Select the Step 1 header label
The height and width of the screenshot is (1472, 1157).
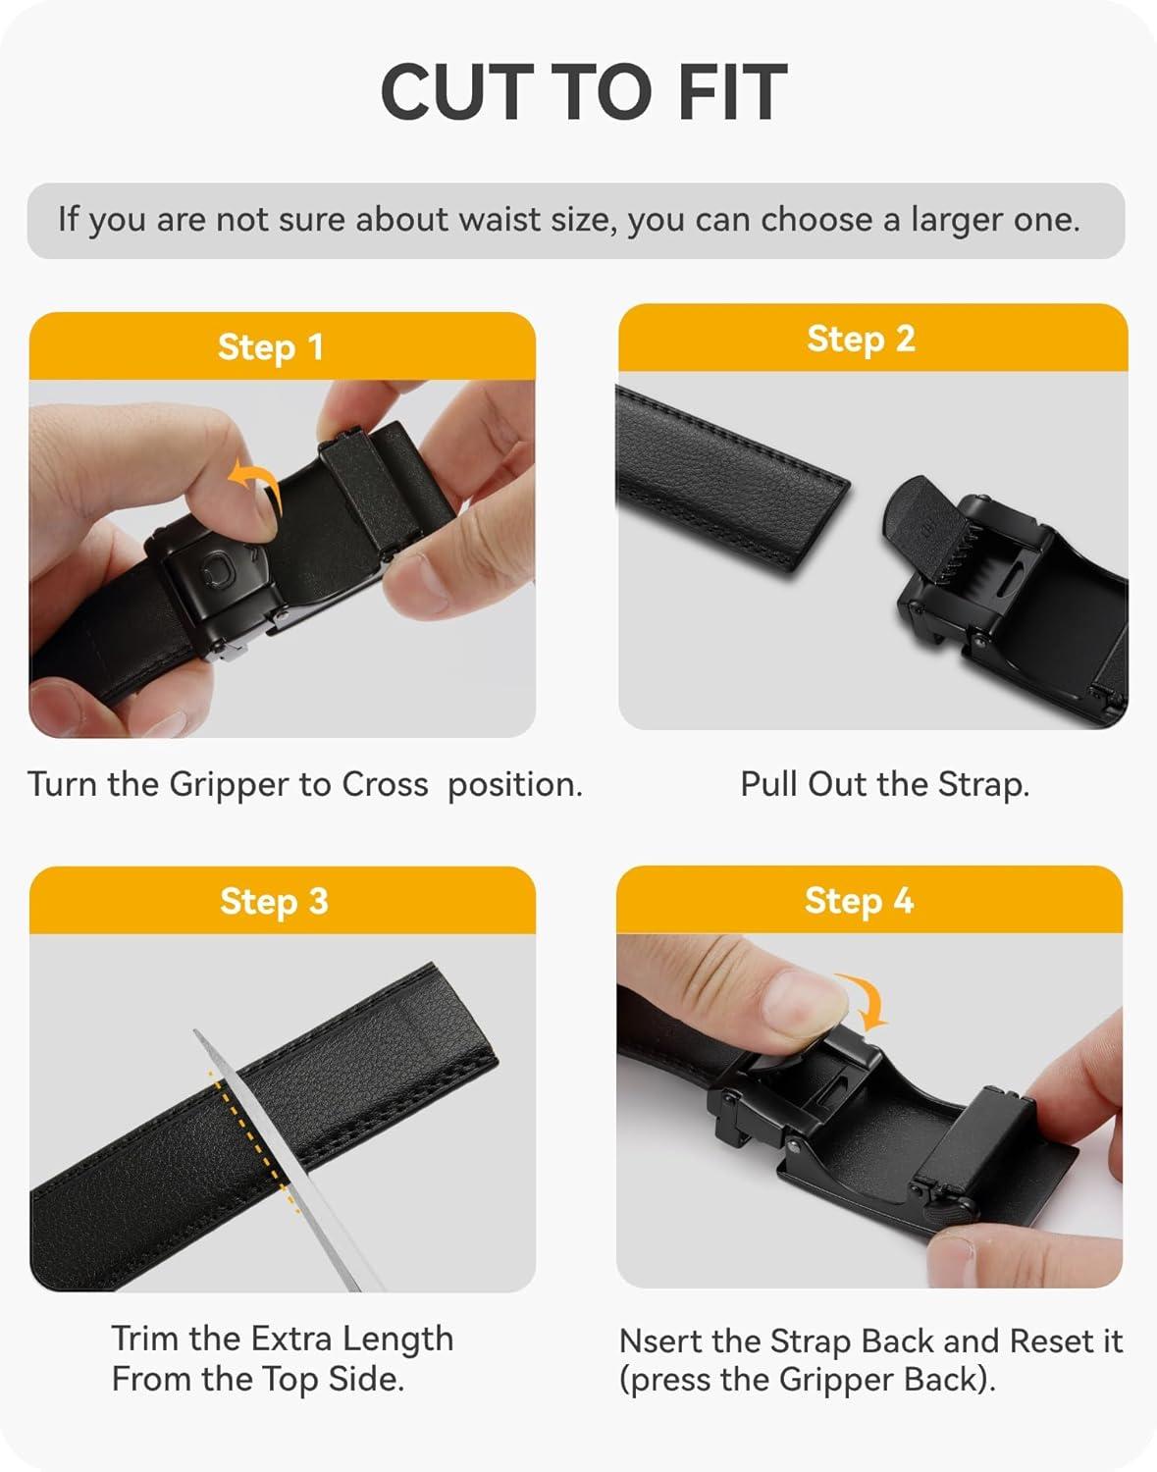(270, 347)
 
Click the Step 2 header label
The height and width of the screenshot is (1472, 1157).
(861, 339)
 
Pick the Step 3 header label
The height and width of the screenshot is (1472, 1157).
(274, 902)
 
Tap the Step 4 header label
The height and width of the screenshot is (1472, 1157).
(859, 901)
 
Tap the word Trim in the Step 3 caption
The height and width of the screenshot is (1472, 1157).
(146, 1339)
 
